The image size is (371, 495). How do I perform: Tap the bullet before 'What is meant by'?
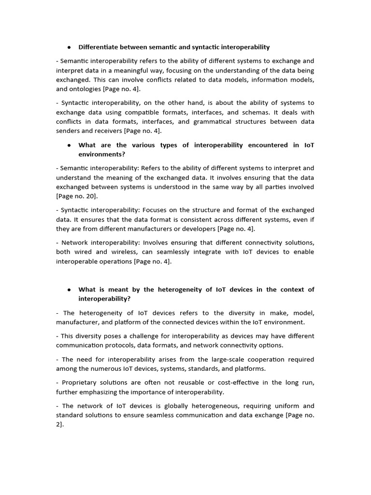click(70, 290)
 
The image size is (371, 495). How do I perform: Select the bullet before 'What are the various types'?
click(70, 145)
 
